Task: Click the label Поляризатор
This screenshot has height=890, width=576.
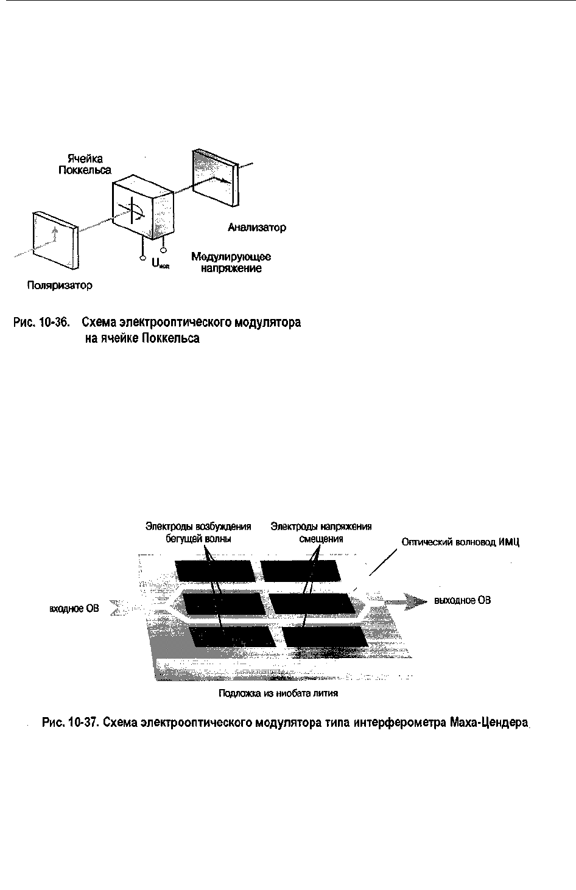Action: tap(60, 285)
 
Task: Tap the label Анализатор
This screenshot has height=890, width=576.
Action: tap(257, 228)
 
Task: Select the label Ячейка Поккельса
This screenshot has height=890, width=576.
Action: tap(85, 164)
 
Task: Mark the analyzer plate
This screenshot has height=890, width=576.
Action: tap(215, 177)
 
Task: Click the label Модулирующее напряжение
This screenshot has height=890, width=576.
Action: tap(231, 263)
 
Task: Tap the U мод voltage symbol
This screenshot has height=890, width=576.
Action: tap(160, 265)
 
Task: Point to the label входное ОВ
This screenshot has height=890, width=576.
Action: tap(74, 608)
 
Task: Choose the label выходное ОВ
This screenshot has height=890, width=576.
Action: tap(462, 601)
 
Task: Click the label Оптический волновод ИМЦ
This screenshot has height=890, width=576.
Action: tap(460, 542)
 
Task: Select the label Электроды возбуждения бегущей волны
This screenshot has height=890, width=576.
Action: tap(198, 533)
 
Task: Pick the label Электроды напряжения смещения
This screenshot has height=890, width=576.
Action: tap(321, 533)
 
